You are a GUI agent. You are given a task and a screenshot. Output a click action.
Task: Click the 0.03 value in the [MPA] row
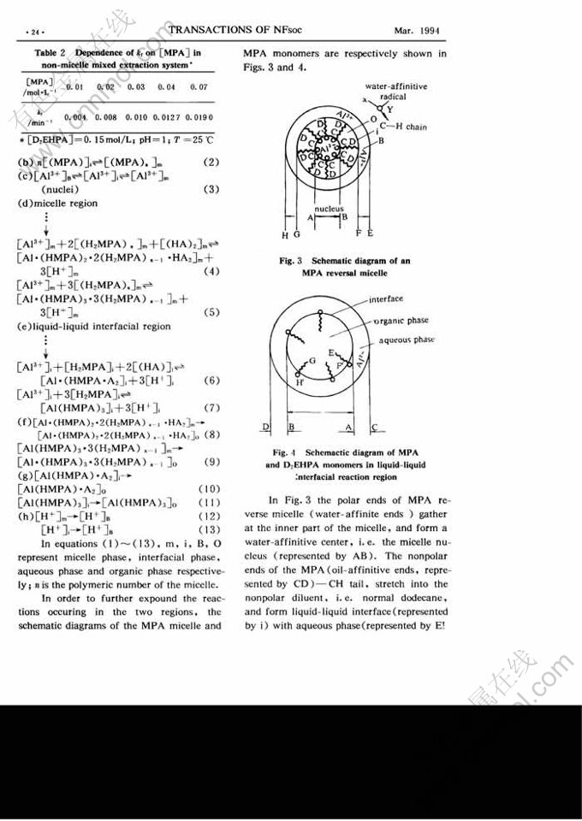(x=137, y=87)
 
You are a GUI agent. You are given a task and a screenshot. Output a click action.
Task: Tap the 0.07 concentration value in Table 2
(x=199, y=87)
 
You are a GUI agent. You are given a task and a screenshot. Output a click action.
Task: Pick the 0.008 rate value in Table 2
(x=106, y=117)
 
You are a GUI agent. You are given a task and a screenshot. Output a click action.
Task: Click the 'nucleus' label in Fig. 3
(x=329, y=208)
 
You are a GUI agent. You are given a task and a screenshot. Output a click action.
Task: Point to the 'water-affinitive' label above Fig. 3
(x=396, y=87)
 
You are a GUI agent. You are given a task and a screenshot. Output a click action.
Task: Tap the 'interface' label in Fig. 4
(x=388, y=299)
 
